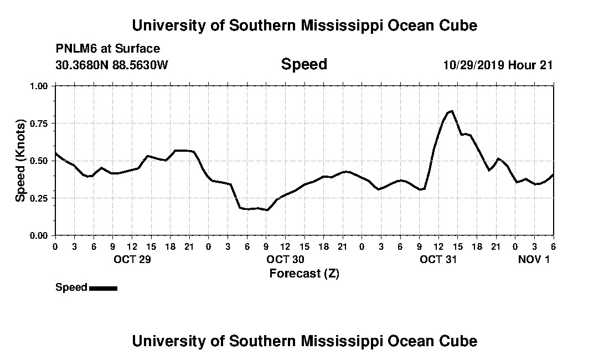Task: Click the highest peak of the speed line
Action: click(x=452, y=111)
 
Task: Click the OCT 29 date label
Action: click(x=131, y=259)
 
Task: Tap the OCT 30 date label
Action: click(x=285, y=259)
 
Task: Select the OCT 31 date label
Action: click(x=438, y=259)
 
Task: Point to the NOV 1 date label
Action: click(x=534, y=259)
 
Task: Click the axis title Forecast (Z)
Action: click(x=304, y=274)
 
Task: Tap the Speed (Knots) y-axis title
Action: click(x=20, y=161)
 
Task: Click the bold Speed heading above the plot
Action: click(x=304, y=64)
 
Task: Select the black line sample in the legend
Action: click(x=103, y=288)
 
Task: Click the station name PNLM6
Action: click(x=75, y=49)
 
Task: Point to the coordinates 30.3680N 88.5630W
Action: click(x=112, y=65)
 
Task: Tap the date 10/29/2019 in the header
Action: click(x=473, y=65)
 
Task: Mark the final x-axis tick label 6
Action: click(x=553, y=246)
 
